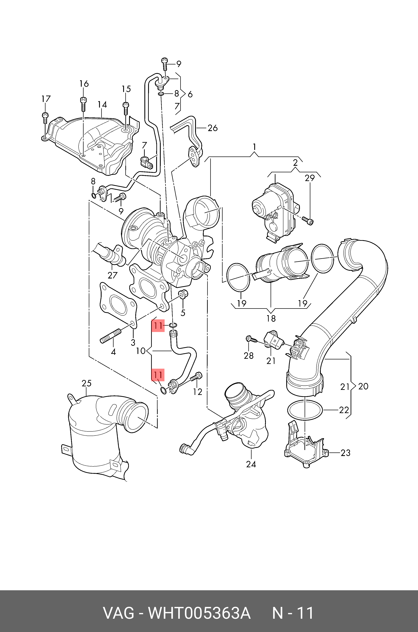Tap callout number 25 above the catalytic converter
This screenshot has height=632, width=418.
pyautogui.click(x=86, y=383)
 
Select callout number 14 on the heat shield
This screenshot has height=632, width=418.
pyautogui.click(x=102, y=105)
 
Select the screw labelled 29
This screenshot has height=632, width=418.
pyautogui.click(x=308, y=220)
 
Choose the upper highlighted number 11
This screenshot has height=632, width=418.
pyautogui.click(x=158, y=325)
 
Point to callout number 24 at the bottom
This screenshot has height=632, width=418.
pyautogui.click(x=251, y=464)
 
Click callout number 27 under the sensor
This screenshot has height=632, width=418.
pyautogui.click(x=113, y=275)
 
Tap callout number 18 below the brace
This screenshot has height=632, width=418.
pyautogui.click(x=271, y=318)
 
